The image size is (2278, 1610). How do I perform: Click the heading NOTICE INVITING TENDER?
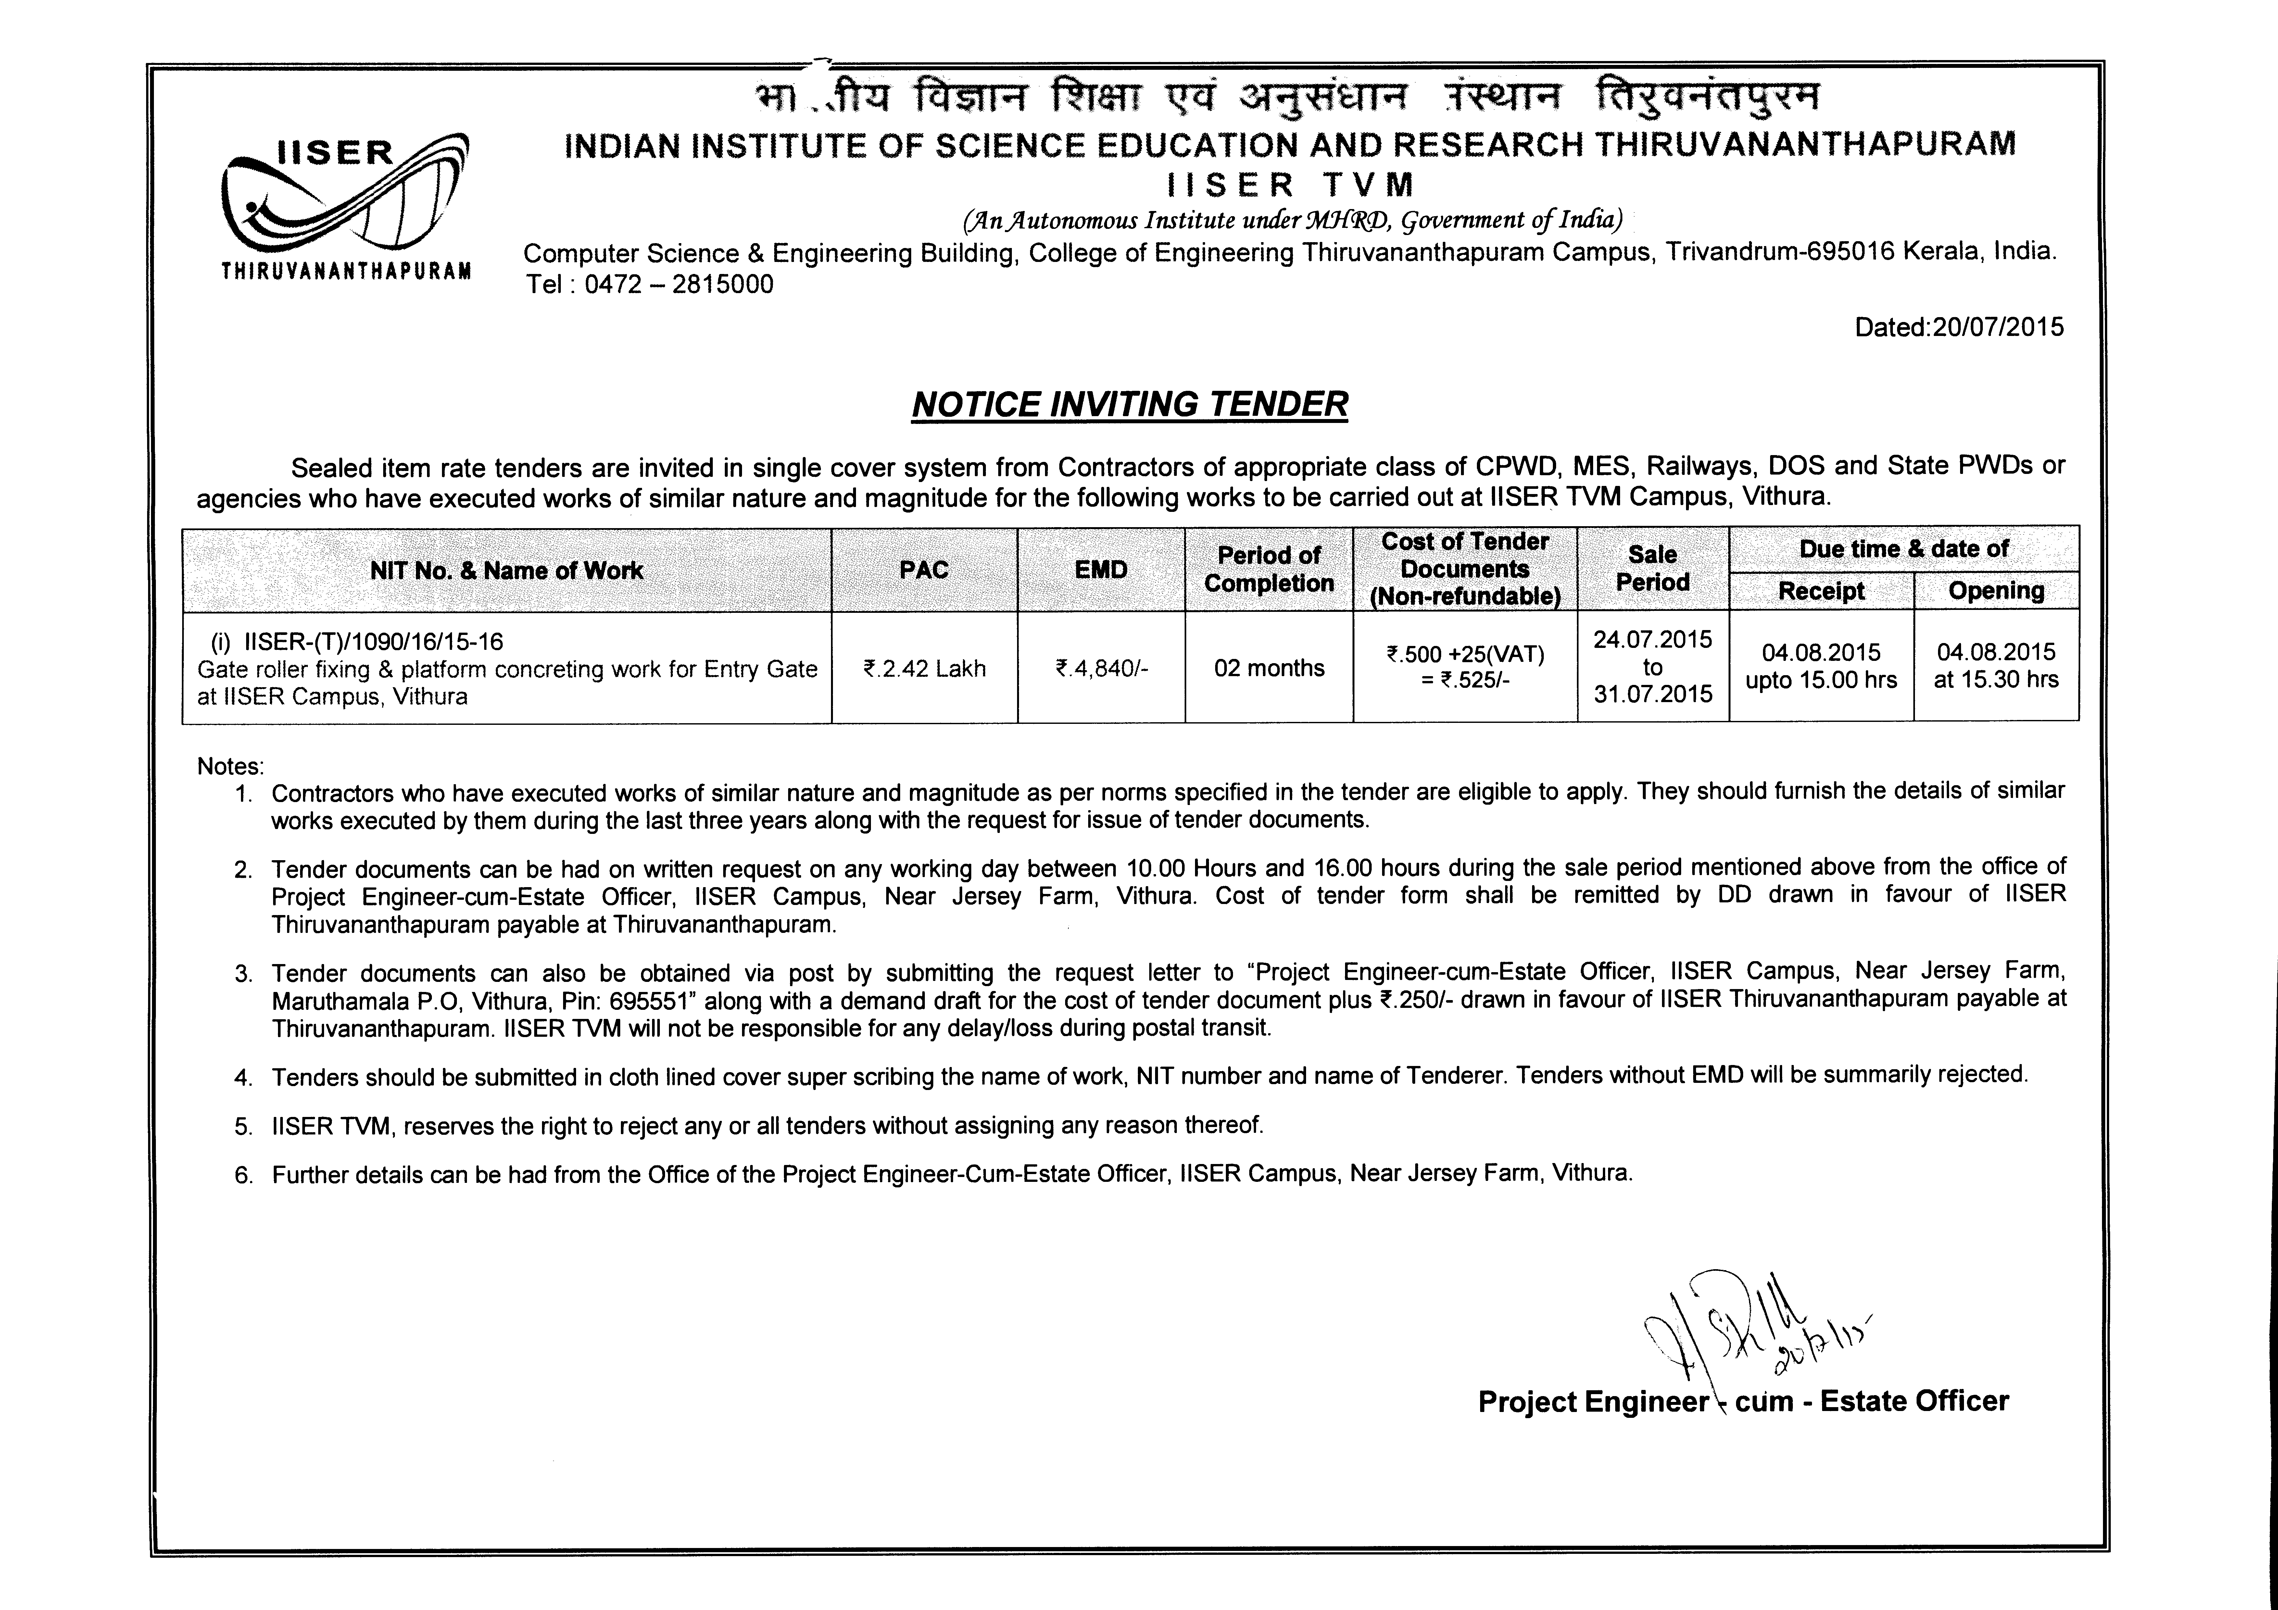(x=1129, y=405)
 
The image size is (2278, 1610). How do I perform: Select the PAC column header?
(x=924, y=569)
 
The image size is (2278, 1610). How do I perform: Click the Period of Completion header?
(x=1269, y=569)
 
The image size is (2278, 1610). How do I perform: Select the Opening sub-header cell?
(x=1996, y=591)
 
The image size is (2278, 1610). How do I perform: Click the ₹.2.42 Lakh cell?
(x=924, y=669)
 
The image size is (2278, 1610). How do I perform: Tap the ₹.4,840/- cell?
(x=1101, y=669)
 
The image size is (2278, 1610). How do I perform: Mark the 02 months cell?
(x=1269, y=669)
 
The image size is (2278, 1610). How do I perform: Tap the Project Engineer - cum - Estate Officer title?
(x=1743, y=1402)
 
